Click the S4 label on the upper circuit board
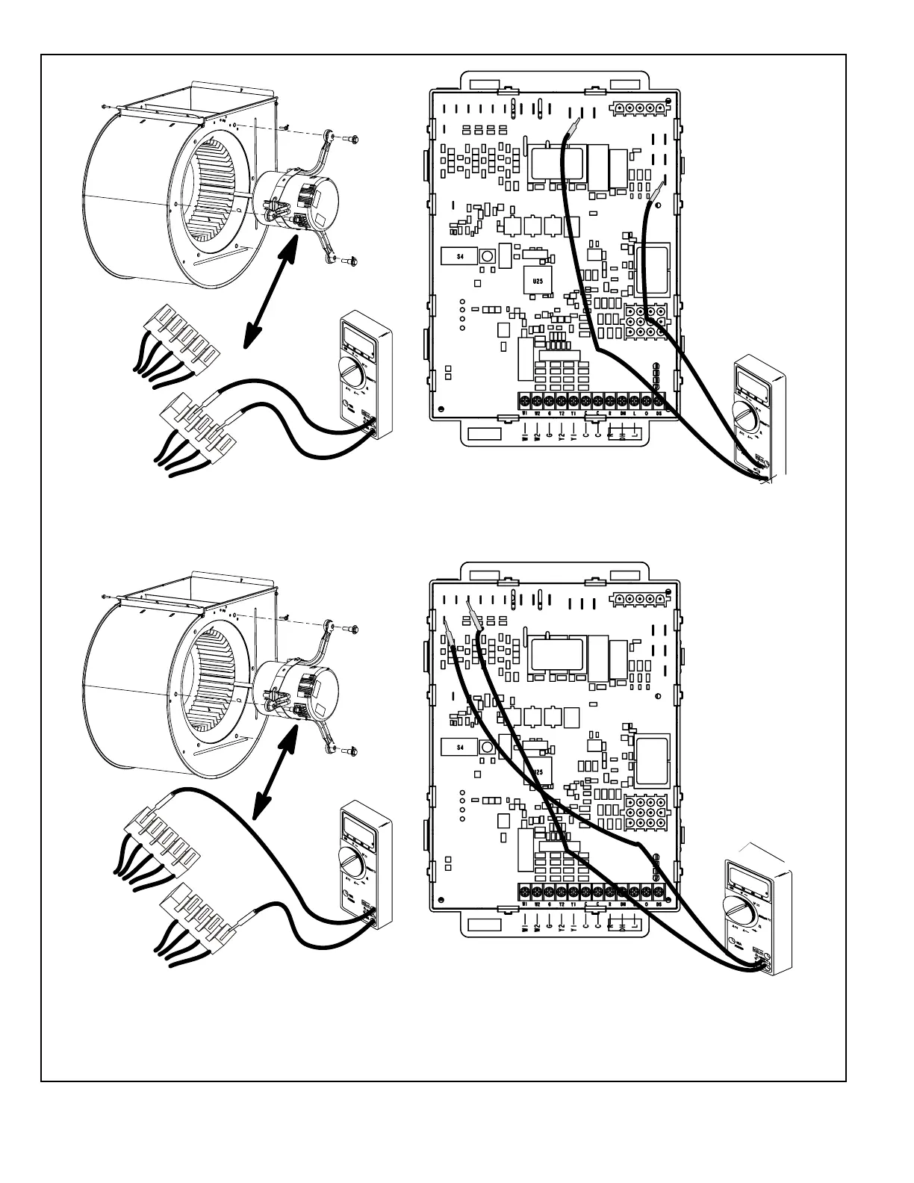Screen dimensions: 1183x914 point(460,256)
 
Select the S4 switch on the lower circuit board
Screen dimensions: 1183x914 point(460,746)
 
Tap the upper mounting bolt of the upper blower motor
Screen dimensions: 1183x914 point(351,139)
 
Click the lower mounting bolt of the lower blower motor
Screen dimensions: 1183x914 point(351,751)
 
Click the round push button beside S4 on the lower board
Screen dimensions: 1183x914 point(487,746)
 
